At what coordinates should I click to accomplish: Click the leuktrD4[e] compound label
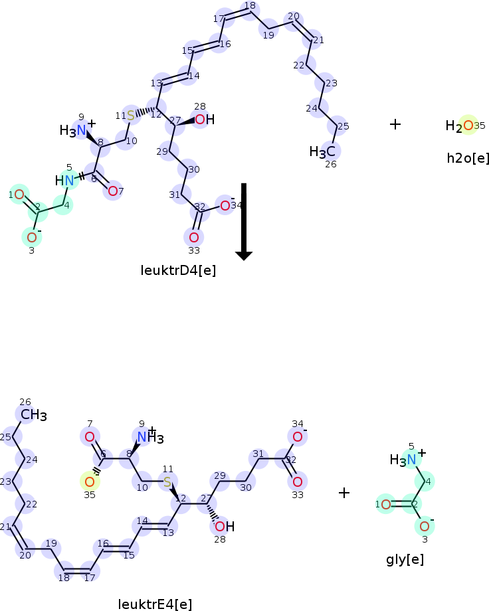178,270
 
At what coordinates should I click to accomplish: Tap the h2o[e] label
468,157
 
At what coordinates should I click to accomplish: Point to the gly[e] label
405,559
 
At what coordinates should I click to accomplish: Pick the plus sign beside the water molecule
395,124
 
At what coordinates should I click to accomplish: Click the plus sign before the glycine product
343,493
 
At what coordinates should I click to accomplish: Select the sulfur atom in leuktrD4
131,116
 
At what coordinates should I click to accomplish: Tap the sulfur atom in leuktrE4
167,481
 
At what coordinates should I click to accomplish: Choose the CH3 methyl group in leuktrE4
33,416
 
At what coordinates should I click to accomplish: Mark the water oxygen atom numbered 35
468,125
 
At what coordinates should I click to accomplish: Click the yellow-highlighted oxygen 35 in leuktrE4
89,481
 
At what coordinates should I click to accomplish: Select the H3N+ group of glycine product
407,458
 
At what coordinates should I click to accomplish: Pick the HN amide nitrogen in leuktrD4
65,180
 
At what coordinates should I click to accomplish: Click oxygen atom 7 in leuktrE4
89,436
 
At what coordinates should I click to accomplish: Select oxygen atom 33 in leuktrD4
193,237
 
